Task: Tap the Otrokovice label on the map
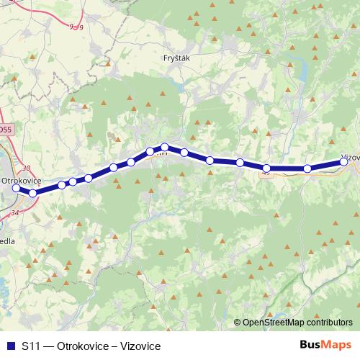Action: coord(22,179)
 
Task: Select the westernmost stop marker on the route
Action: coord(16,188)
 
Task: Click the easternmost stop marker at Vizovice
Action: coord(344,162)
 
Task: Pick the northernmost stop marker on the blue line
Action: coord(165,147)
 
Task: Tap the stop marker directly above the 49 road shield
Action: coord(266,168)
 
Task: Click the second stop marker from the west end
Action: coord(32,193)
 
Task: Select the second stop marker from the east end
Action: coord(307,168)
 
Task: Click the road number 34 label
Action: coord(15,212)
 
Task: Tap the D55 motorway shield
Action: coord(6,129)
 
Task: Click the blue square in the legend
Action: coord(9,346)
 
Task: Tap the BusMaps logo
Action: coord(325,346)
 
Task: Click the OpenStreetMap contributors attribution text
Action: coord(297,323)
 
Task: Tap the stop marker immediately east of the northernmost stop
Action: coord(184,152)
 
